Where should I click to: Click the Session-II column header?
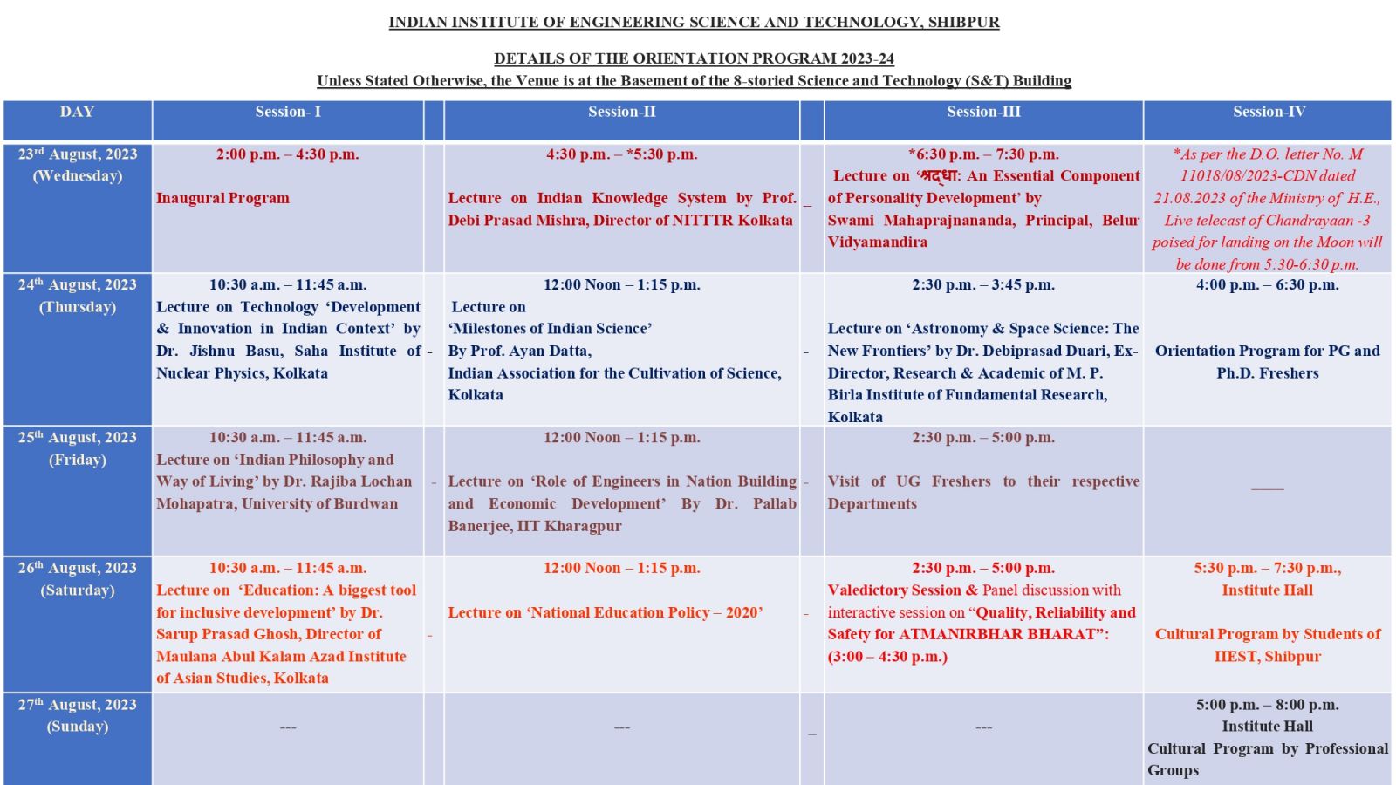pyautogui.click(x=621, y=112)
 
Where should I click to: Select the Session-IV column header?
pyautogui.click(x=1269, y=112)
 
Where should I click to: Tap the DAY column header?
pyautogui.click(x=77, y=112)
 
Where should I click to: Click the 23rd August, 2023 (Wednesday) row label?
pyautogui.click(x=78, y=165)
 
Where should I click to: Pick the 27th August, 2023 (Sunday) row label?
pyautogui.click(x=78, y=715)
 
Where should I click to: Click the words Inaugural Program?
pyautogui.click(x=222, y=198)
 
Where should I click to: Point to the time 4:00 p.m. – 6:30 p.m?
pyautogui.click(x=1267, y=285)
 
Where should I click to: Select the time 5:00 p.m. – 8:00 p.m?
pyautogui.click(x=1267, y=705)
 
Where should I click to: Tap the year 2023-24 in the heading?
pyautogui.click(x=867, y=59)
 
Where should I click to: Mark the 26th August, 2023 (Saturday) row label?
pyautogui.click(x=78, y=578)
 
